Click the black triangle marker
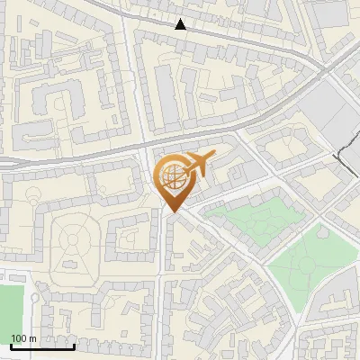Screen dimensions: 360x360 pos(181,24)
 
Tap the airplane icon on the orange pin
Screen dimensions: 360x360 pos(200,163)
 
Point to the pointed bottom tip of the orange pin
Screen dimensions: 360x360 pos(173,211)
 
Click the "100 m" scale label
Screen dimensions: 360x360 pos(23,337)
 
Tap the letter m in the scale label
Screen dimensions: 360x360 pos(31,337)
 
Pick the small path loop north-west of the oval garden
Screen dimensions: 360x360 pos(33,195)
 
